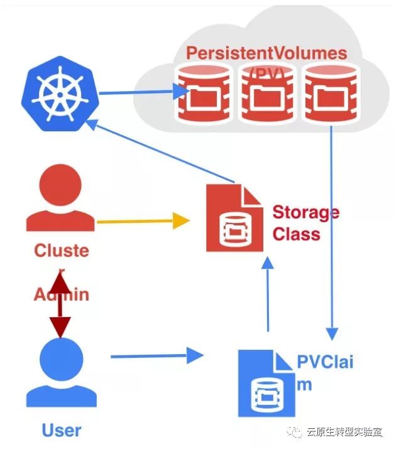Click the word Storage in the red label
(305, 212)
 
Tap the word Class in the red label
(296, 234)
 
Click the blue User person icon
(62, 373)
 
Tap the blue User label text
(62, 430)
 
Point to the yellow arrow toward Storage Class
(143, 220)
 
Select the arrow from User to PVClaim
(157, 357)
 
